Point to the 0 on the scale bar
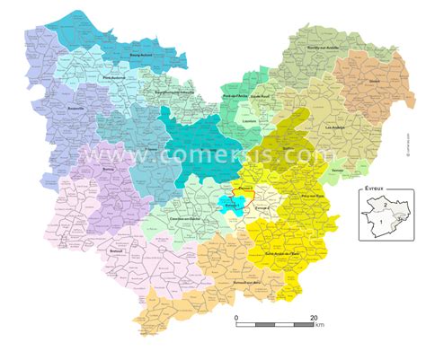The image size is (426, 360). [236, 318]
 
